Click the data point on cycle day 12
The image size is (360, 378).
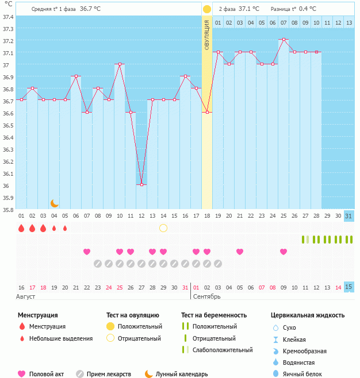pos(141,184)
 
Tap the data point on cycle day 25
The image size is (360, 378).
pos(284,40)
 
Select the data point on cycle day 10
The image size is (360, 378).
pos(120,64)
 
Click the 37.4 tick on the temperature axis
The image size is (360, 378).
pos(7,17)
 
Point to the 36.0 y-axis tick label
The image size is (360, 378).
pos(7,185)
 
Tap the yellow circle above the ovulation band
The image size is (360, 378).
pos(207,9)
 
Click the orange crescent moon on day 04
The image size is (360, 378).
pos(55,203)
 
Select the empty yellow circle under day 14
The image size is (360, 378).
pos(163,228)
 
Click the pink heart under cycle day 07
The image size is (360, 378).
pos(87,251)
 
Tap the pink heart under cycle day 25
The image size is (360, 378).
pos(284,251)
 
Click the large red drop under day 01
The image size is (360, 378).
pos(21,228)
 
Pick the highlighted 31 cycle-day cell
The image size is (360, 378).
pos(349,216)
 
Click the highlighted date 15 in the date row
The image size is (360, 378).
pos(349,287)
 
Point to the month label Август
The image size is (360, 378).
pos(26,296)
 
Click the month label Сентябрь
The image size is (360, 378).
pos(207,296)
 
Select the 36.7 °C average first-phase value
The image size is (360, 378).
pos(90,9)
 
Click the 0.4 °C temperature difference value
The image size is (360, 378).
pos(308,9)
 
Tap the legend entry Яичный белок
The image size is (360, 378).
pos(302,374)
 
